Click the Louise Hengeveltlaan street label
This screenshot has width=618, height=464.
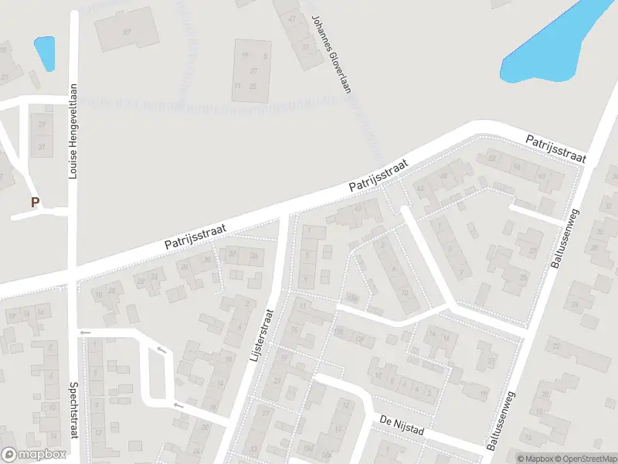pos(73,131)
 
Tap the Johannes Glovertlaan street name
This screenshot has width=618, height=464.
pos(331,54)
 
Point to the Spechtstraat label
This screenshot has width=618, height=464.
pos(73,409)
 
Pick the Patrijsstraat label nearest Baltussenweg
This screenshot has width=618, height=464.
pos(555,149)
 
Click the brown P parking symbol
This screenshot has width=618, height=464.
pos(34,203)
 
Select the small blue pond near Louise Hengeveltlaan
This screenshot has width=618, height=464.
pos(45,53)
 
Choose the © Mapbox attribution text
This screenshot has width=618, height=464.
pos(537,458)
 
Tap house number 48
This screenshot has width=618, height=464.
pos(443,176)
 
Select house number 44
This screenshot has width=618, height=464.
pos(420,188)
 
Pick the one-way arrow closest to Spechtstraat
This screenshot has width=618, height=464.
pos(85,333)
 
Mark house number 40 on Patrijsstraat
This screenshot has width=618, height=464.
pos(358,208)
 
